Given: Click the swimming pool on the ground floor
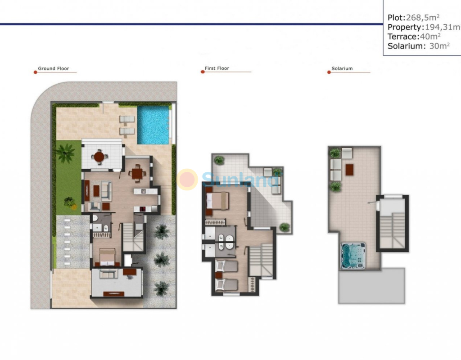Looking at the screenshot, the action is pyautogui.click(x=153, y=125).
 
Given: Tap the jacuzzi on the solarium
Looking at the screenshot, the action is pyautogui.click(x=353, y=256).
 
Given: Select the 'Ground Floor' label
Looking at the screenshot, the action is pyautogui.click(x=54, y=68).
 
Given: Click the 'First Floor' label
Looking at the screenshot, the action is pyautogui.click(x=217, y=68).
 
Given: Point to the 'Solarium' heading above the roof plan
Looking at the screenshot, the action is pyautogui.click(x=342, y=68).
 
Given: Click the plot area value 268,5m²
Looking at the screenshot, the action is pyautogui.click(x=423, y=18).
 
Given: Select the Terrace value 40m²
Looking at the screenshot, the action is pyautogui.click(x=430, y=36).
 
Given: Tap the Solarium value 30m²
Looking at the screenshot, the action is pyautogui.click(x=439, y=46).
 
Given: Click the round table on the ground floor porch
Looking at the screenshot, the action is pyautogui.click(x=99, y=157).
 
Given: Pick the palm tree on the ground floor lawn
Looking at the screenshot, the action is pyautogui.click(x=65, y=153).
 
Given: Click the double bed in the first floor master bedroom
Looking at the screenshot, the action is pyautogui.click(x=217, y=200).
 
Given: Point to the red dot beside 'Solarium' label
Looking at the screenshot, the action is pyautogui.click(x=329, y=72).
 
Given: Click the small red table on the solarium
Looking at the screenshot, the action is pyautogui.click(x=349, y=170).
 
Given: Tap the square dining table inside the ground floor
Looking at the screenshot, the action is pyautogui.click(x=137, y=173).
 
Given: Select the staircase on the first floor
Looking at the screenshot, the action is pyautogui.click(x=261, y=260).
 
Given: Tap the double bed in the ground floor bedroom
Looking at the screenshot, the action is pyautogui.click(x=107, y=256).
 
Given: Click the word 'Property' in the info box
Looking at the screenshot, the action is pyautogui.click(x=405, y=27).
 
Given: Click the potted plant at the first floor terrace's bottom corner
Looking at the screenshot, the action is pyautogui.click(x=285, y=227).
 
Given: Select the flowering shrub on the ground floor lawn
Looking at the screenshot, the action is pyautogui.click(x=70, y=203).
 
